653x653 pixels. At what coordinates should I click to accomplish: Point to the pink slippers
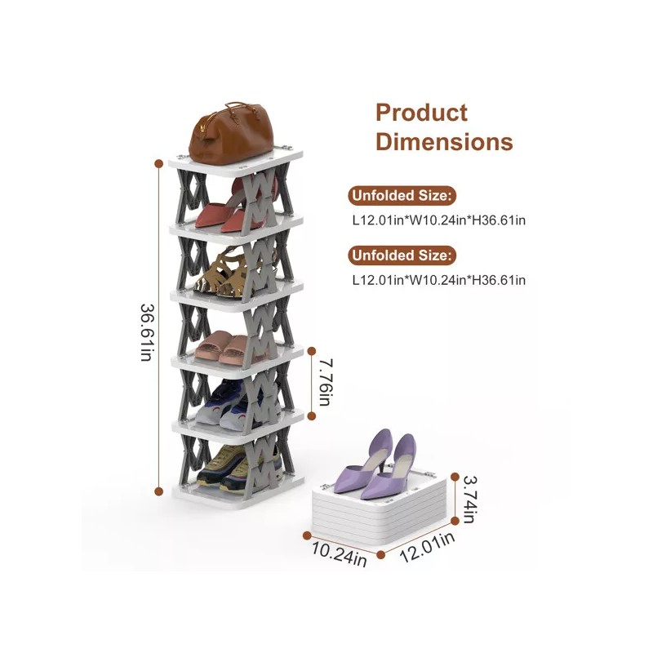pyautogui.click(x=222, y=347)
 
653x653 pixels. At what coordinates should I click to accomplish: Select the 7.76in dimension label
pyautogui.click(x=326, y=382)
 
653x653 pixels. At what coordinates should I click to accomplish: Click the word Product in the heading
pyautogui.click(x=421, y=113)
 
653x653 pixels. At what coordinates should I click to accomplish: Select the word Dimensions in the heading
pyautogui.click(x=444, y=142)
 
